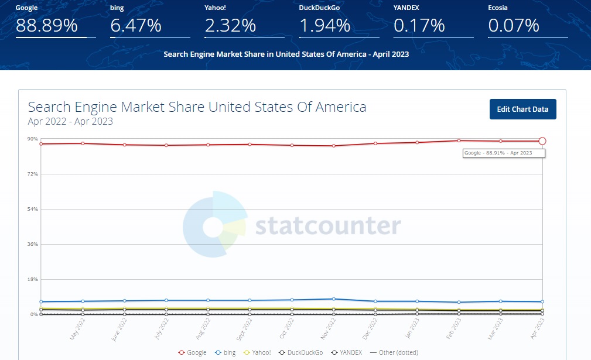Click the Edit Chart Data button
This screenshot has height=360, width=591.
click(x=522, y=109)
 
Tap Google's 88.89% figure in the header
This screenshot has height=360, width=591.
click(x=46, y=26)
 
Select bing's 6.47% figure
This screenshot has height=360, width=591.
click(x=135, y=26)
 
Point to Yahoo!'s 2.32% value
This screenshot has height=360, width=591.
click(x=230, y=26)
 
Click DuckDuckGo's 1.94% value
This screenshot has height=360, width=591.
click(x=324, y=26)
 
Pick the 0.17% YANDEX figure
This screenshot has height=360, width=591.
click(x=419, y=26)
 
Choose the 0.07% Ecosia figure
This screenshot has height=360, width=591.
click(x=513, y=26)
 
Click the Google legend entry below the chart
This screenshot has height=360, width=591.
click(x=193, y=352)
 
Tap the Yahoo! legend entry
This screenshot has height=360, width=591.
click(x=257, y=352)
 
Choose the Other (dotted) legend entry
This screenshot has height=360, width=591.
click(x=395, y=352)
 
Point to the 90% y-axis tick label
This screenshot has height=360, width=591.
click(x=32, y=139)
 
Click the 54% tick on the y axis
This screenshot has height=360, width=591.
click(x=32, y=209)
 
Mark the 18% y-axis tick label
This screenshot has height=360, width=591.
click(x=32, y=279)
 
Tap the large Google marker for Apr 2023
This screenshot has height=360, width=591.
click(x=542, y=141)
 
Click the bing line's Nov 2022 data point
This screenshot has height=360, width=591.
click(x=333, y=299)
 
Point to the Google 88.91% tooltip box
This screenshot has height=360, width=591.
click(x=504, y=153)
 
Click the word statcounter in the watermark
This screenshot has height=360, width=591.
click(x=327, y=225)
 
